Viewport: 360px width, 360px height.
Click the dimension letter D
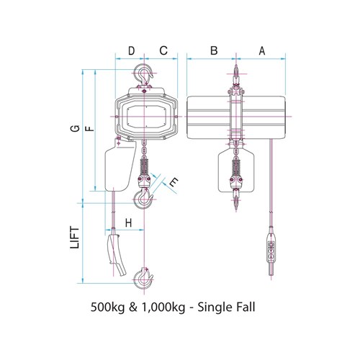tap(131, 50)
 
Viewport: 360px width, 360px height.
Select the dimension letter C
tap(163, 50)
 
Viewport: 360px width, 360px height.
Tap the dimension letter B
tap(214, 50)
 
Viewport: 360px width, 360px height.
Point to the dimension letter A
tap(262, 50)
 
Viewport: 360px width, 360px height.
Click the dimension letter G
tap(74, 129)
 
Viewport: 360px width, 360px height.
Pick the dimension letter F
tap(89, 129)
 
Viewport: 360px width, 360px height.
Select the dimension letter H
tap(128, 222)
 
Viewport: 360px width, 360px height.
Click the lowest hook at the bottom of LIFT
tap(145, 276)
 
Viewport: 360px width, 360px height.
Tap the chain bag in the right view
tap(235, 170)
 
